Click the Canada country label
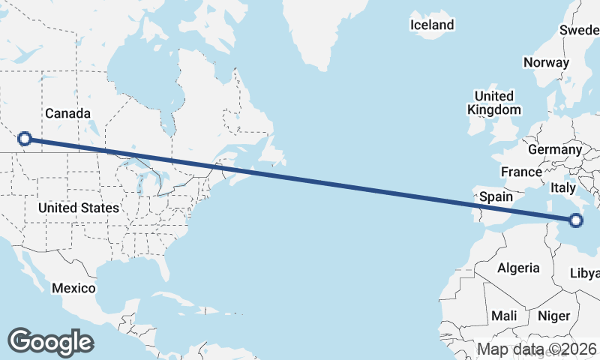(x=67, y=113)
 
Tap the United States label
(x=78, y=207)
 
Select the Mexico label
(x=73, y=288)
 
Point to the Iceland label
(x=432, y=25)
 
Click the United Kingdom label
(x=493, y=103)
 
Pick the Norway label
(x=546, y=62)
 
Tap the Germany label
(x=555, y=149)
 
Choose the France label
(x=521, y=172)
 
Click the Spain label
(x=496, y=196)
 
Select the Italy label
(x=563, y=187)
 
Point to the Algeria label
(x=518, y=268)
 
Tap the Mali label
(x=505, y=316)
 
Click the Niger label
(x=554, y=316)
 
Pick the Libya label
(x=585, y=271)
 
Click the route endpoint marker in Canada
(x=25, y=138)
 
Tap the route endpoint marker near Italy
(x=576, y=220)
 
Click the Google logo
(x=50, y=342)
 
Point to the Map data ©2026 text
(x=537, y=349)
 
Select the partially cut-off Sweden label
(x=580, y=30)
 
